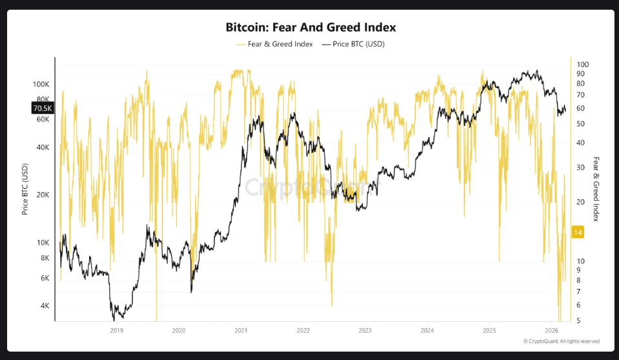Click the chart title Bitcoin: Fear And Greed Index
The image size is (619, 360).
[310, 28]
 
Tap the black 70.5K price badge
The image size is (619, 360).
[42, 109]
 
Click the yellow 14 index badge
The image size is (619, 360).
[578, 232]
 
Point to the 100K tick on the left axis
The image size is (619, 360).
[41, 85]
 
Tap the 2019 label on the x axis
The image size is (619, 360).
[116, 330]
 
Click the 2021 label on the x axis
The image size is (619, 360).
[240, 330]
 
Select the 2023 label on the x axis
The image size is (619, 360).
[365, 330]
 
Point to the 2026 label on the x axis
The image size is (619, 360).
[551, 330]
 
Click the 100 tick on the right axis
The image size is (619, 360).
[582, 65]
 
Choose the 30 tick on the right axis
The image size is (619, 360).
[580, 167]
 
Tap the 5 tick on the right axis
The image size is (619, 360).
[578, 321]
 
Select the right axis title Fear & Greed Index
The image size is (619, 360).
[596, 189]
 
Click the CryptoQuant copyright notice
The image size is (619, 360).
[561, 341]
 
